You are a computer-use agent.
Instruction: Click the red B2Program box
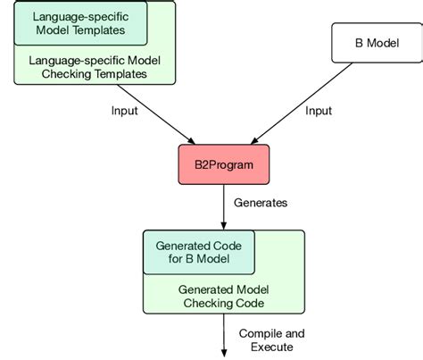[x=221, y=164]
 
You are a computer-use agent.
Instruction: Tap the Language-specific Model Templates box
[x=80, y=23]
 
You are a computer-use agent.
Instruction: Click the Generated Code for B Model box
[x=199, y=253]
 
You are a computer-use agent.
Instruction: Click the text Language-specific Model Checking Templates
[x=87, y=67]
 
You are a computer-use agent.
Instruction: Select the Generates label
[x=261, y=203]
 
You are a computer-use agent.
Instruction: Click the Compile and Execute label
[x=265, y=339]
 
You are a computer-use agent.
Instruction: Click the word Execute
[x=264, y=347]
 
